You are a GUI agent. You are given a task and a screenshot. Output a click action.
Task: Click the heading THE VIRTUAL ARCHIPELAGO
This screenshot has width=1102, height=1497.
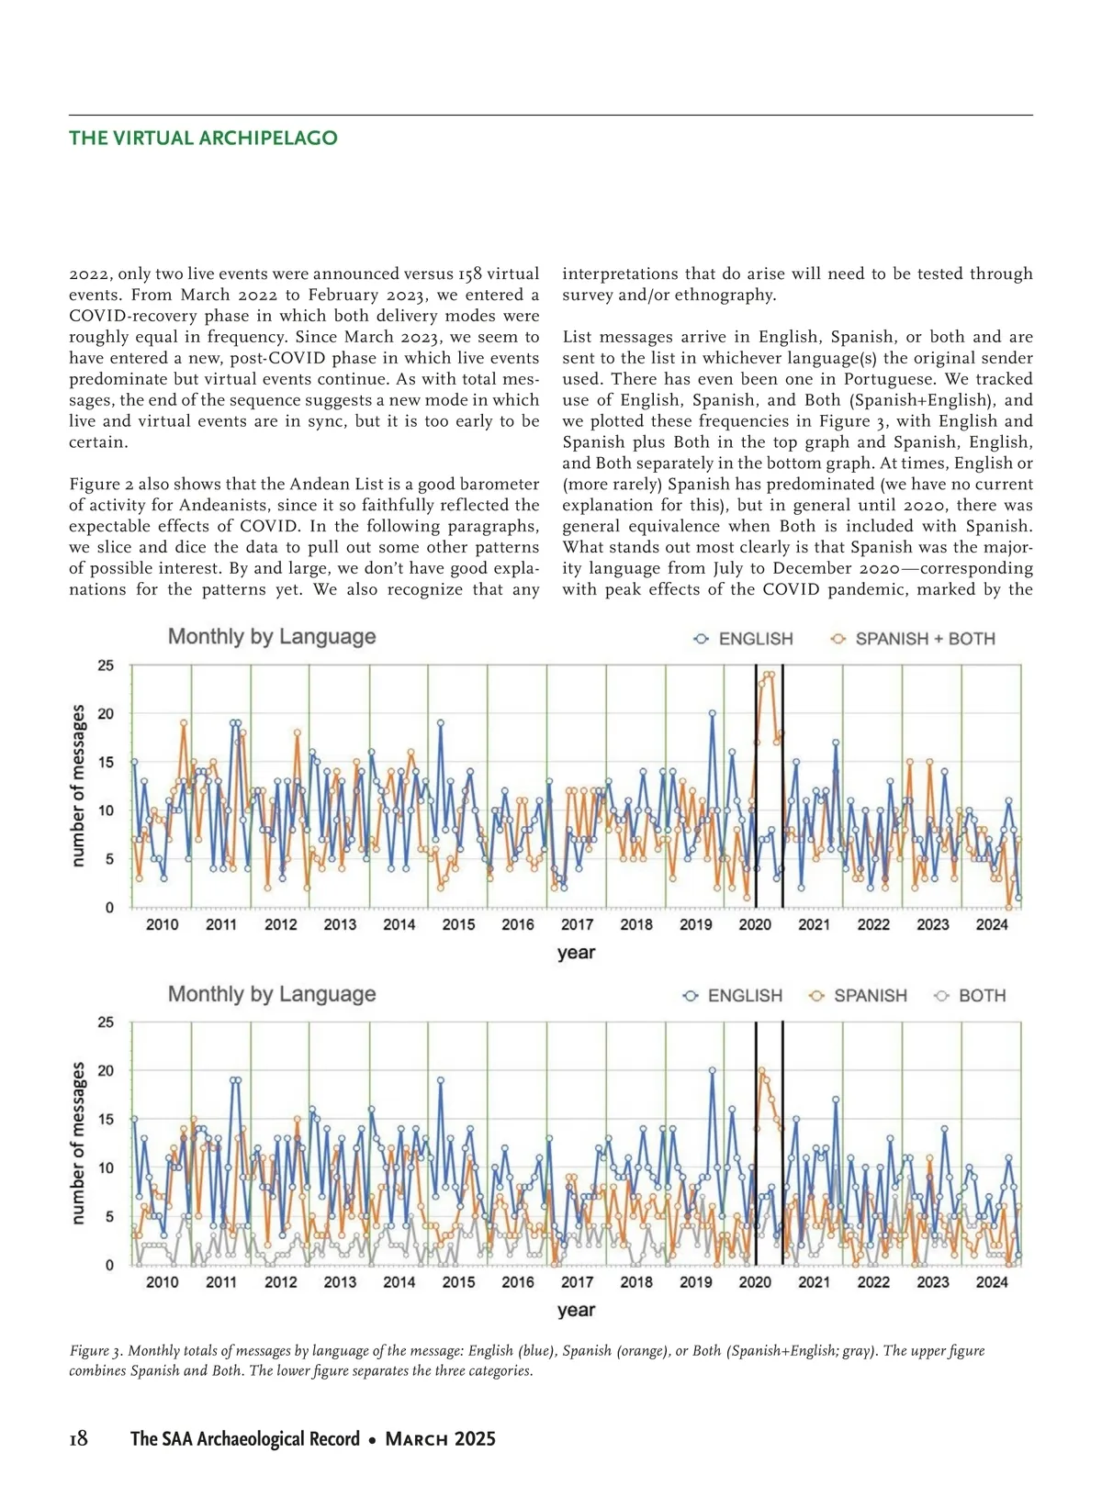click(x=203, y=139)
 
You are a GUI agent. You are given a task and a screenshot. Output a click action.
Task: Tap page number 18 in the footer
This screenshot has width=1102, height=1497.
click(x=79, y=1438)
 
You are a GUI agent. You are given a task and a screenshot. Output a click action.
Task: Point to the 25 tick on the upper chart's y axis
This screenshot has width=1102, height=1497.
click(x=107, y=665)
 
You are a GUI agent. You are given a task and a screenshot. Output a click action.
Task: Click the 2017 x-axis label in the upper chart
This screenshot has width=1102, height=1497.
click(x=577, y=925)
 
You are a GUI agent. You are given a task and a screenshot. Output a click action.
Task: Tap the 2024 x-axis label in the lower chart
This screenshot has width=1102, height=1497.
click(x=992, y=1282)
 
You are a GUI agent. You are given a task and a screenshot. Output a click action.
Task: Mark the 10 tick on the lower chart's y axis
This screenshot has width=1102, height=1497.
click(x=107, y=1168)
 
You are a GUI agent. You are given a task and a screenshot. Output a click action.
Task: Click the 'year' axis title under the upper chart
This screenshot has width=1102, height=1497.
click(x=576, y=953)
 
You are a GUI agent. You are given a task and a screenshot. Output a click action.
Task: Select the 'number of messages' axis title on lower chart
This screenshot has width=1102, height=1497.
click(x=78, y=1143)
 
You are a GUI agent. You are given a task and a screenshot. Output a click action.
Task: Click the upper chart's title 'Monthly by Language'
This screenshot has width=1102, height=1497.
click(x=272, y=637)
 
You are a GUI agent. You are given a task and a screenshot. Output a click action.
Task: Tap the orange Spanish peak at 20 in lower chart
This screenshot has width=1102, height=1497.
click(x=761, y=1070)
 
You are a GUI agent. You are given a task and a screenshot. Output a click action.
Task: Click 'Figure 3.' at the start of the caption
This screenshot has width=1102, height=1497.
click(x=96, y=1351)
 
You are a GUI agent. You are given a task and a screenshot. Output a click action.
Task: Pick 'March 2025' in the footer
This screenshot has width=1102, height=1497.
click(x=440, y=1438)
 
